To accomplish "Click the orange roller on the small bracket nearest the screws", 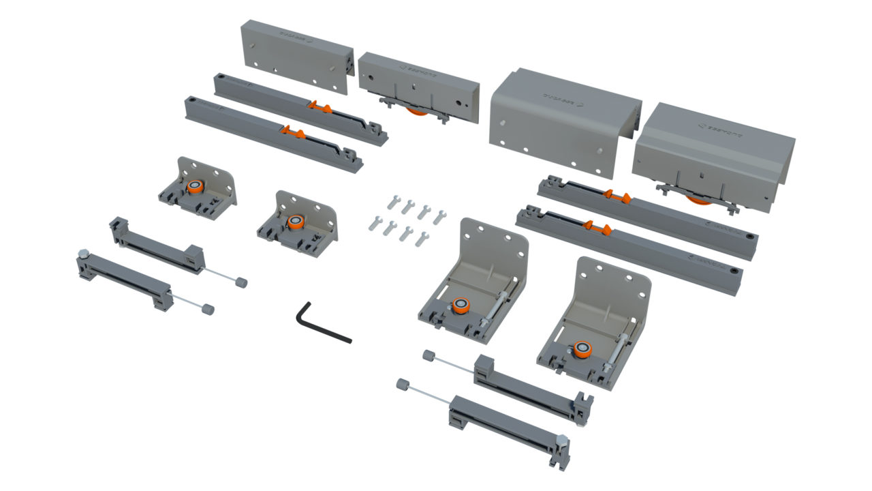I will pyautogui.click(x=295, y=222).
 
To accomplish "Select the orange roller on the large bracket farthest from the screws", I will pyautogui.click(x=581, y=349).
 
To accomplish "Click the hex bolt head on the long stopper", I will pyautogui.click(x=562, y=441).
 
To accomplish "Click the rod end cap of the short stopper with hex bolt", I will pyautogui.click(x=208, y=309).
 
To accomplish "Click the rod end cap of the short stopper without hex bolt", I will pyautogui.click(x=241, y=282).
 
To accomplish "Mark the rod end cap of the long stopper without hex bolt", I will pyautogui.click(x=429, y=355).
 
